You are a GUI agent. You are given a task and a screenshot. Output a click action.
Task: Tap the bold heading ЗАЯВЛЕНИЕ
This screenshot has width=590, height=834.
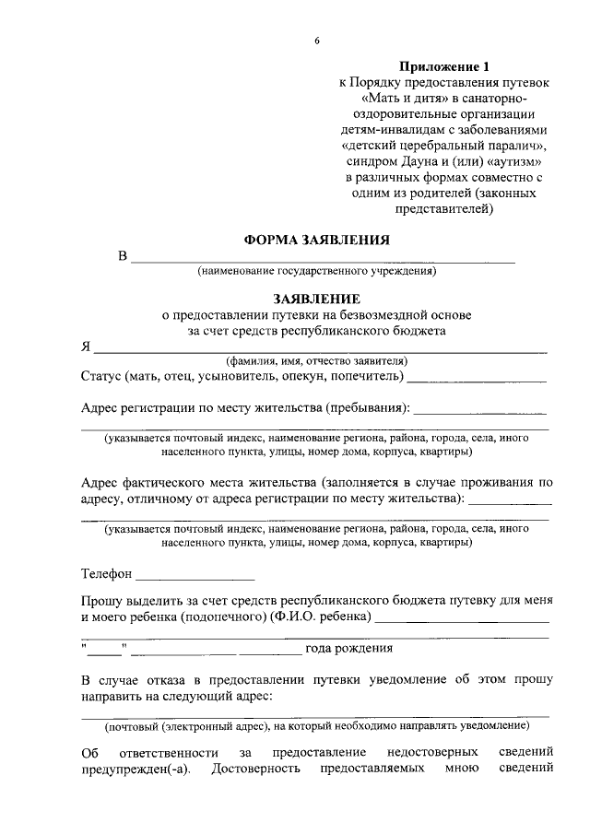[x=316, y=300]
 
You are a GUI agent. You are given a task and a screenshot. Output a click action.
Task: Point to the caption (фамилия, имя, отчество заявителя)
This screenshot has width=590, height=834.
[x=316, y=361]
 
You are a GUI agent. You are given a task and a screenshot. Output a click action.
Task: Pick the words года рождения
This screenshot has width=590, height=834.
[x=349, y=648]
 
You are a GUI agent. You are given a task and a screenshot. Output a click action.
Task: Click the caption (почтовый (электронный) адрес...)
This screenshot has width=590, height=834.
[x=316, y=725]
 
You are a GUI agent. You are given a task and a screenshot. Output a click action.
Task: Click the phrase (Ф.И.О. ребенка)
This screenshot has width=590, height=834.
[x=322, y=616]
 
